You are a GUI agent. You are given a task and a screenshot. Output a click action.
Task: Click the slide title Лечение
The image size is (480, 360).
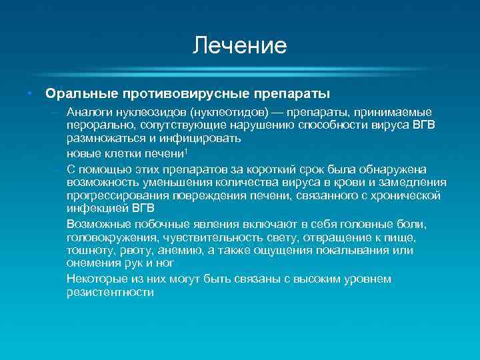point(239,45)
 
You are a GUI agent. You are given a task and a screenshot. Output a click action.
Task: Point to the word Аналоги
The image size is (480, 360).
point(89,112)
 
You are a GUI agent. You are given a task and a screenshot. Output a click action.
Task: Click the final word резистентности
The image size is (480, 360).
point(110,292)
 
